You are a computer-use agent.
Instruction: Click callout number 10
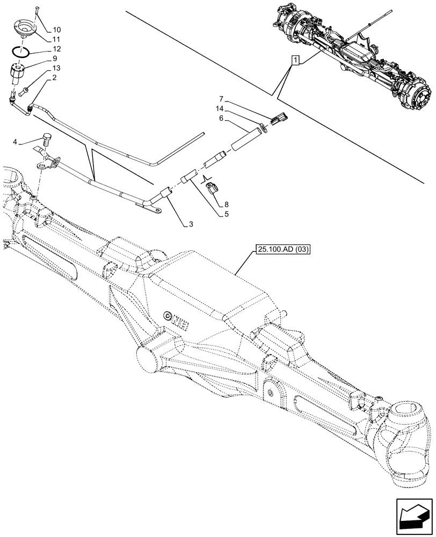pos(57,30)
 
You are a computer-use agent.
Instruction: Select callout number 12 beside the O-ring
pos(57,49)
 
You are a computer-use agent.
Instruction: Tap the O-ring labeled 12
pos(21,52)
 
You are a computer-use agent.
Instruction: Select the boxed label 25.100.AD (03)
pos(279,249)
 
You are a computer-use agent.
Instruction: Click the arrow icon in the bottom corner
pos(413,519)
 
